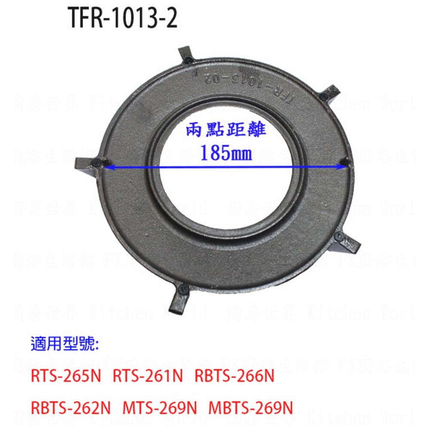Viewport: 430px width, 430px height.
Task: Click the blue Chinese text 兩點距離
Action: coord(226,130)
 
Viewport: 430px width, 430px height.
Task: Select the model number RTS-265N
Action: coord(66,377)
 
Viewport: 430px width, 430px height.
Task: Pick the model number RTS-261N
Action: coord(148,377)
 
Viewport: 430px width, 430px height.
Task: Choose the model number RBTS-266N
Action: coord(234,377)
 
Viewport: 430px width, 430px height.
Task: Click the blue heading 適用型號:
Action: coord(64,344)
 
